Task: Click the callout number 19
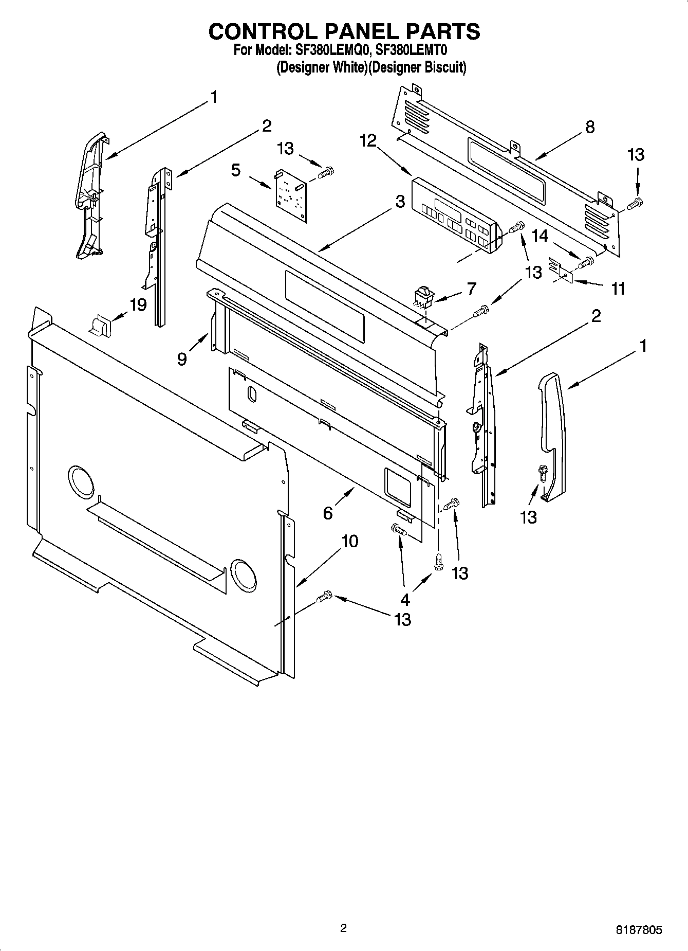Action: click(138, 304)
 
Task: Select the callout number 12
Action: click(368, 140)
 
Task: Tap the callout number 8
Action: click(589, 127)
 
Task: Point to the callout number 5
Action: click(235, 170)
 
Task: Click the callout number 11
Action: click(618, 289)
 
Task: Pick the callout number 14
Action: click(540, 236)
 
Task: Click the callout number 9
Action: click(182, 358)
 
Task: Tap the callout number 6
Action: click(328, 513)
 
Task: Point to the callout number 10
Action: click(349, 541)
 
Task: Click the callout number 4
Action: click(405, 599)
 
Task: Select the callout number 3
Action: click(400, 202)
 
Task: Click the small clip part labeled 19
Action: click(100, 325)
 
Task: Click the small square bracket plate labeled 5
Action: click(289, 195)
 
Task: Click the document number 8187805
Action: click(639, 930)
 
